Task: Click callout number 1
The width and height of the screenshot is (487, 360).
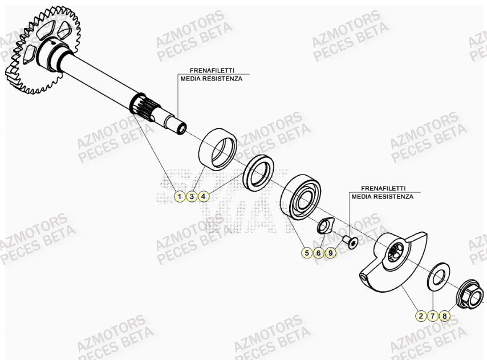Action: pyautogui.click(x=179, y=196)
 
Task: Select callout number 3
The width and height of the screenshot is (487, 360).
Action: pyautogui.click(x=192, y=196)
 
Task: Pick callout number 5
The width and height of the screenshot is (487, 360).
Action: pyautogui.click(x=307, y=253)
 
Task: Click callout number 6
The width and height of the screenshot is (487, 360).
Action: pyautogui.click(x=319, y=253)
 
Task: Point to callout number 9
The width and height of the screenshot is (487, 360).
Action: pyautogui.click(x=330, y=253)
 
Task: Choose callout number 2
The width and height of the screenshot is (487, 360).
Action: pyautogui.click(x=421, y=315)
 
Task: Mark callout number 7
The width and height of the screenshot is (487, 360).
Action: pyautogui.click(x=433, y=315)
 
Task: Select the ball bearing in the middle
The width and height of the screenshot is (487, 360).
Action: pyautogui.click(x=301, y=197)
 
